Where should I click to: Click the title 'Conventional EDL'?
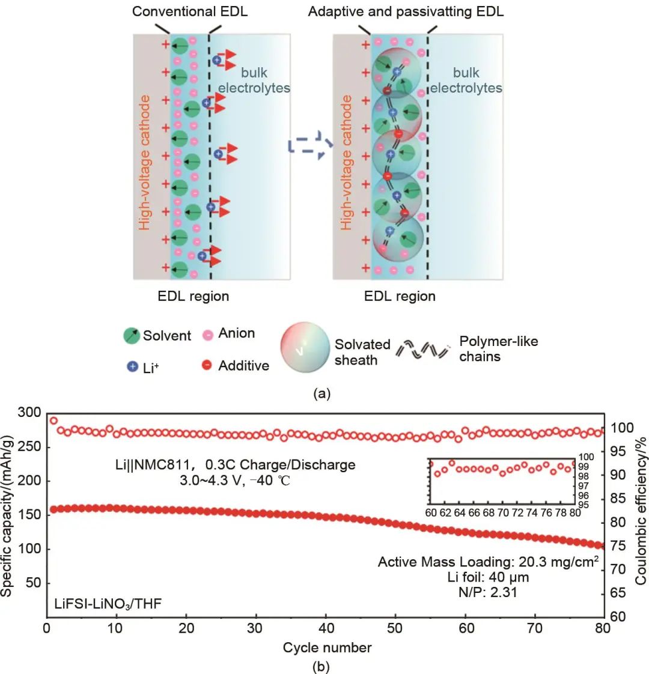(190, 11)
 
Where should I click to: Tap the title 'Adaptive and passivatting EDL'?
(406, 11)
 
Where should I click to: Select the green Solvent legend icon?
(132, 335)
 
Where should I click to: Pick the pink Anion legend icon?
(207, 334)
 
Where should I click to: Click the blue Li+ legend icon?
(133, 366)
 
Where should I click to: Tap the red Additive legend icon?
(207, 365)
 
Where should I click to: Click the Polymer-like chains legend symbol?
(423, 349)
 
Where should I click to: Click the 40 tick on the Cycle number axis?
(326, 628)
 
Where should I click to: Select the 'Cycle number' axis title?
(327, 648)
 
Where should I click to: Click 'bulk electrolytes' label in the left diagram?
(254, 80)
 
